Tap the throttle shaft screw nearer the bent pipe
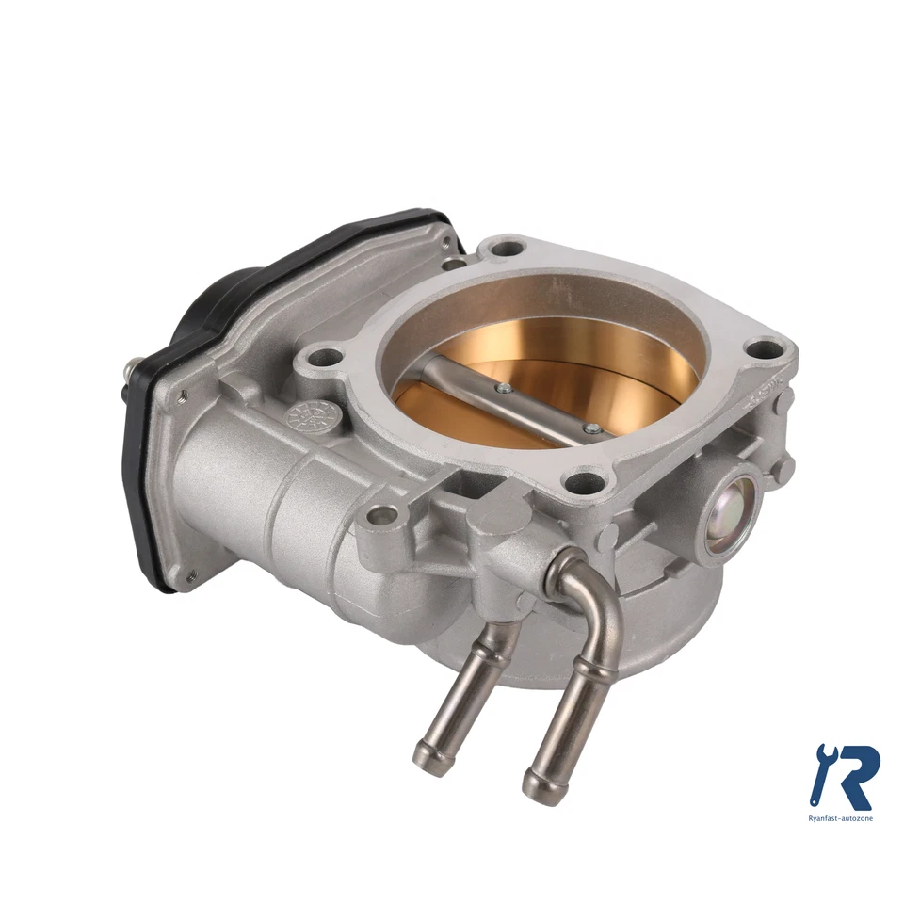tap(591, 428)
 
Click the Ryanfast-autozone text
tap(842, 818)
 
